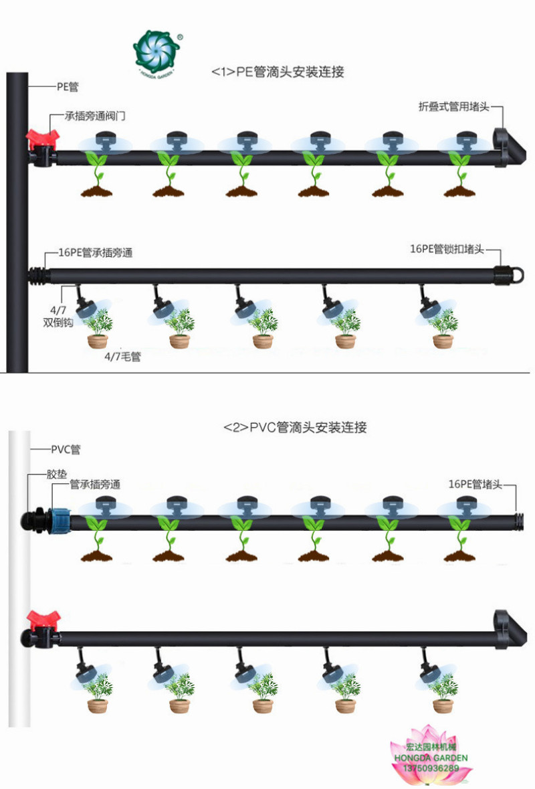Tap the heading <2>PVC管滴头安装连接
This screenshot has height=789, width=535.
tap(295, 427)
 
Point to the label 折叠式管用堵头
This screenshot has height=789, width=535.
tap(454, 106)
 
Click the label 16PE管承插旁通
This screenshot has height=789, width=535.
tap(96, 253)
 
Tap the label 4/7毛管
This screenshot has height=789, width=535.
tap(122, 357)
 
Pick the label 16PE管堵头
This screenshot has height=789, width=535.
tap(477, 484)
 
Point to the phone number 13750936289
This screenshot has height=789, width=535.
tap(431, 768)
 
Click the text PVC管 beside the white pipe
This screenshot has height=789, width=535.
tap(65, 448)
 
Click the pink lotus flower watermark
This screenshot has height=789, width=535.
tap(431, 753)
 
